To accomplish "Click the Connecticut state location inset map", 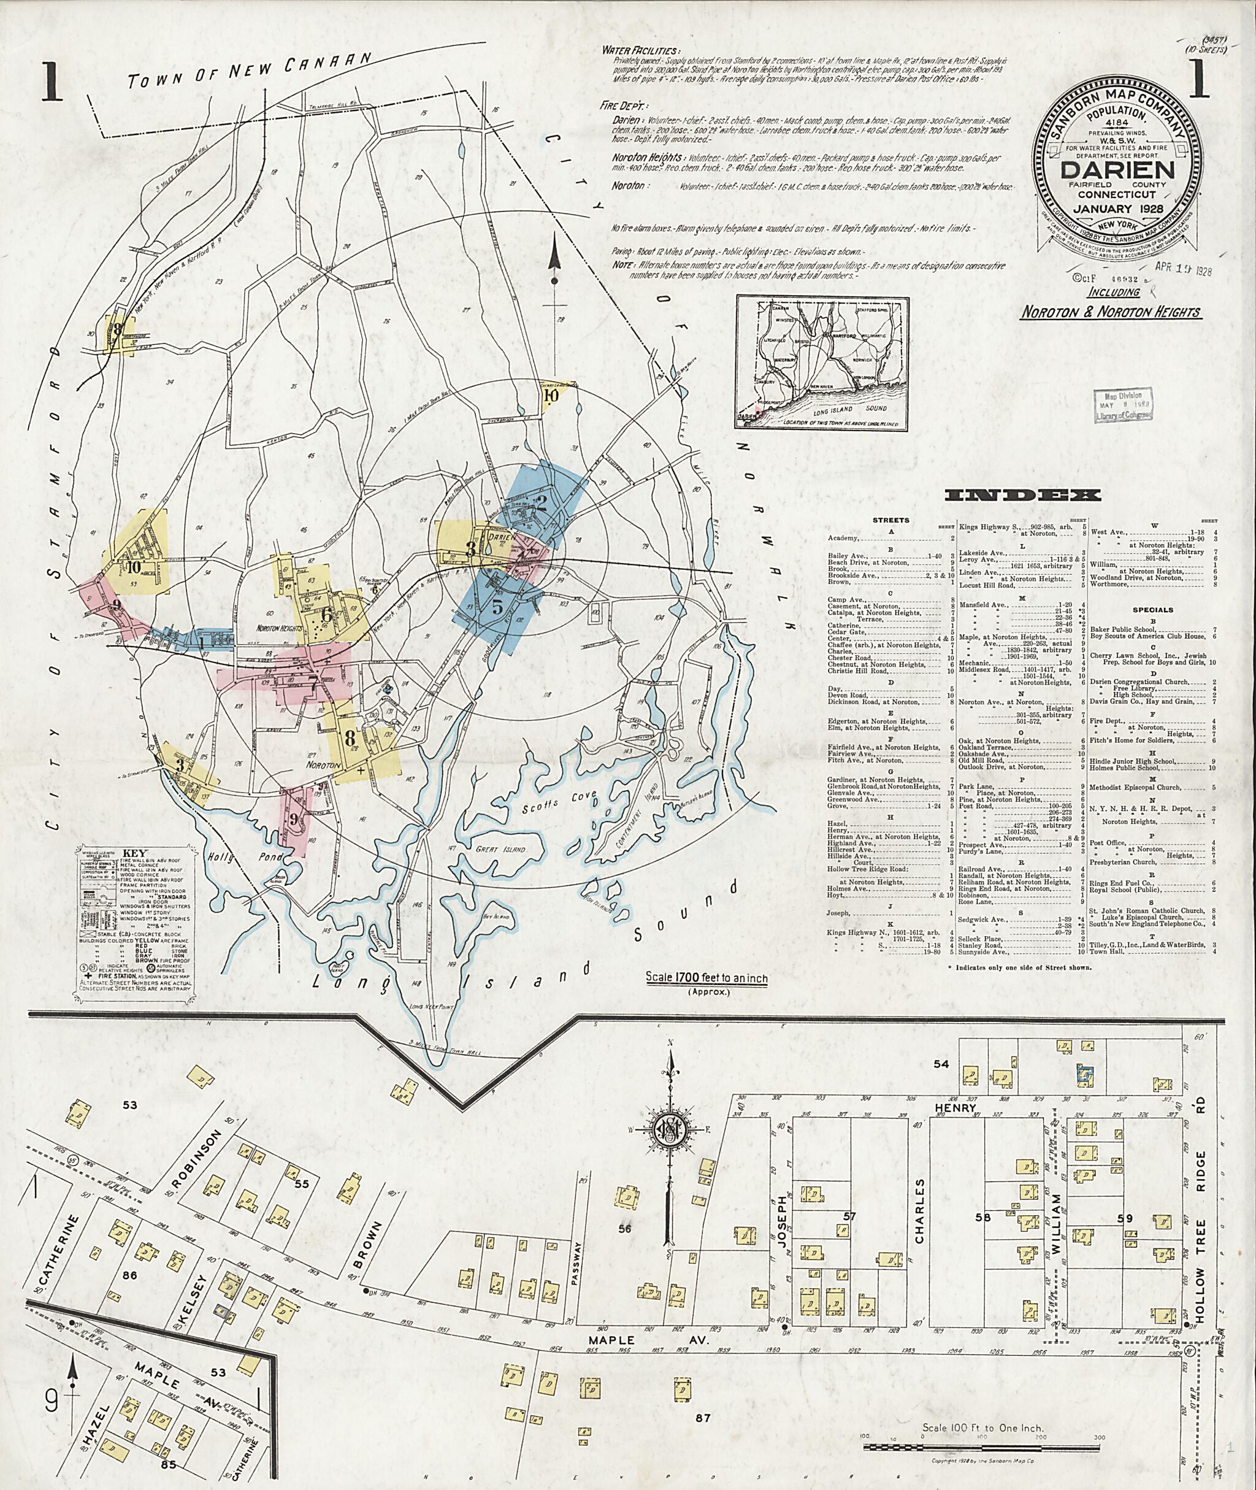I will pyautogui.click(x=822, y=363).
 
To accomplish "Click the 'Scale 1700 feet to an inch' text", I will pyautogui.click(x=706, y=979).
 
